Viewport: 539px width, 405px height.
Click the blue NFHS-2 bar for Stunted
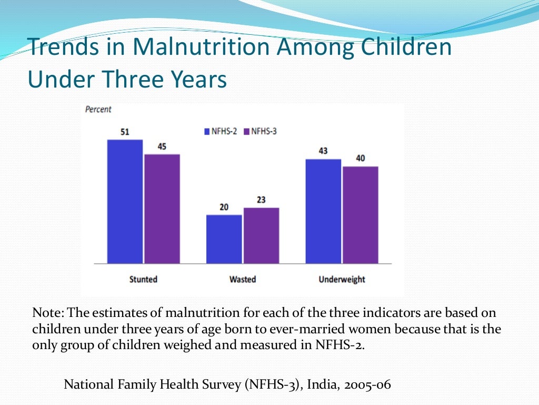[125, 201]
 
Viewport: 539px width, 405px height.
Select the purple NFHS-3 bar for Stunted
[162, 209]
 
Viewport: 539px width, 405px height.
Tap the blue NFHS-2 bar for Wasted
[224, 239]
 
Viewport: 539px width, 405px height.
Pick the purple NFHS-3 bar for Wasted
[261, 235]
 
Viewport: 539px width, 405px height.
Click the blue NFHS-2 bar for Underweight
[323, 211]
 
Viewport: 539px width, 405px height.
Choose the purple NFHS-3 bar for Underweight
[361, 215]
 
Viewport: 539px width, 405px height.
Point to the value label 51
[125, 132]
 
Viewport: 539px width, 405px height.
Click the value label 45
[162, 146]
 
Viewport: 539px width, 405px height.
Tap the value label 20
[224, 207]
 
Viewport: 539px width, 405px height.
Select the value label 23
[261, 200]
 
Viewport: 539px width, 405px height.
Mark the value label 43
[323, 151]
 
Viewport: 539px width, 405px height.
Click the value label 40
[361, 158]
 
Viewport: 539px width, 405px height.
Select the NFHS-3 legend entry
[261, 131]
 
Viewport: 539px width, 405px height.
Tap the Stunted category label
[143, 279]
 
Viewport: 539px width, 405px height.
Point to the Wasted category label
[242, 279]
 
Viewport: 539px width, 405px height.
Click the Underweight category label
[342, 279]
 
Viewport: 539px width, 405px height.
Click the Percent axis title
[98, 110]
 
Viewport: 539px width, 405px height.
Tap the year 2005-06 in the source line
[369, 384]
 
